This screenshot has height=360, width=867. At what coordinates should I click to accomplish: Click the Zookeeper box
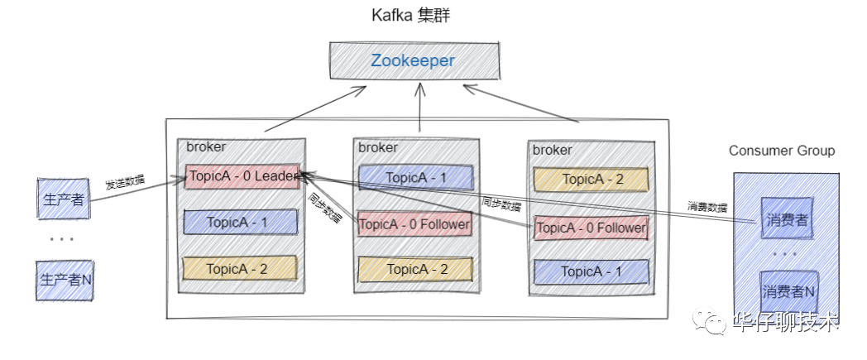(414, 61)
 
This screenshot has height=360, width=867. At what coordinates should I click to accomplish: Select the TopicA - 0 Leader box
(242, 176)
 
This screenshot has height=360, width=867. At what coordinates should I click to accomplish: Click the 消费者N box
(788, 291)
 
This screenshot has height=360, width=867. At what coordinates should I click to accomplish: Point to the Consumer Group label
(782, 151)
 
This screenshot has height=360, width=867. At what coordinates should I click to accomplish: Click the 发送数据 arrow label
(126, 182)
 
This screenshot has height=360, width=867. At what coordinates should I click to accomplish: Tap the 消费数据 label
(707, 206)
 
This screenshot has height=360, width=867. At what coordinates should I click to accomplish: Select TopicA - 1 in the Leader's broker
(240, 222)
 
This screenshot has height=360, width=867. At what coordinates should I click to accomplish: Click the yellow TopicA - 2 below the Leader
(240, 268)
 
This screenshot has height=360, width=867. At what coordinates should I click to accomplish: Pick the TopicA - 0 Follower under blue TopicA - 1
(414, 223)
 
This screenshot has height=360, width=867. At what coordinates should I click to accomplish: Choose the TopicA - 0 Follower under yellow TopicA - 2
(591, 228)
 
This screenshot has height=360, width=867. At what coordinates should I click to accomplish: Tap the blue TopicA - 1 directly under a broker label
(415, 177)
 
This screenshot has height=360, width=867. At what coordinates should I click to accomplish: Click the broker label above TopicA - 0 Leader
(206, 147)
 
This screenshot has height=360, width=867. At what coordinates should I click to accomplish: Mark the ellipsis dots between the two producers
(61, 240)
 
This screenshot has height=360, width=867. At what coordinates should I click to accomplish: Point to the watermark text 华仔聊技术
(786, 321)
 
